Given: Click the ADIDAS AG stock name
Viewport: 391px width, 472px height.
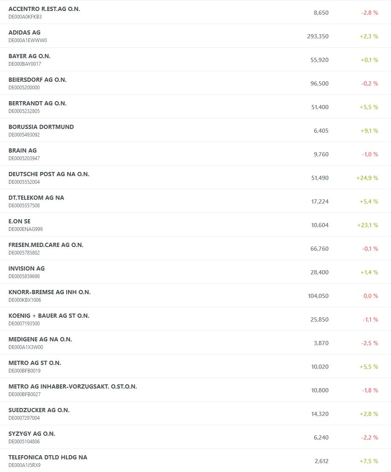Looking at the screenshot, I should click(x=24, y=32).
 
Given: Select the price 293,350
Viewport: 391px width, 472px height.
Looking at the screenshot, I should click(x=318, y=36).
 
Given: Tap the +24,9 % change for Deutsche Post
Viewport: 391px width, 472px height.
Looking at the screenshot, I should click(x=367, y=178).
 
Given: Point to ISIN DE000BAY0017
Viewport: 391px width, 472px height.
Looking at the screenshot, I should click(x=24, y=64).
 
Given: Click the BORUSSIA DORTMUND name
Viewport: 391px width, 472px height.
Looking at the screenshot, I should click(x=41, y=127).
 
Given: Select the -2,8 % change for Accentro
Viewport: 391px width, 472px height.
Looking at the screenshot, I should click(x=369, y=13).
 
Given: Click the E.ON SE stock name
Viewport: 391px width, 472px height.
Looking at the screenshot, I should click(x=19, y=221).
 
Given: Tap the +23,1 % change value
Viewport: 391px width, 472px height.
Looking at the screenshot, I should click(x=367, y=225).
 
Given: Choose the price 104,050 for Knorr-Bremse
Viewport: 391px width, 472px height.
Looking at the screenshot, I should click(x=318, y=296).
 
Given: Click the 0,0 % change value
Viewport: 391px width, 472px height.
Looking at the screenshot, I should click(x=370, y=296).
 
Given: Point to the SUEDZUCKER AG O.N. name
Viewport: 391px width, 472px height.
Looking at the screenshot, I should click(x=39, y=410).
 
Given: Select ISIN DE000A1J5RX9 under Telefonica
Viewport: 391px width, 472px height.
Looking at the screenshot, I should click(x=24, y=465).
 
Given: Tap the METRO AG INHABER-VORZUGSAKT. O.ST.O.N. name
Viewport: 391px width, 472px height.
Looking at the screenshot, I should click(x=73, y=386).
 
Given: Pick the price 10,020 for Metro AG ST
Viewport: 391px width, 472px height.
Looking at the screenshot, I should click(x=320, y=367).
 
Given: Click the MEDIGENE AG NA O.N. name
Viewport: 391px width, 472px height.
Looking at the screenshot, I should click(x=40, y=339).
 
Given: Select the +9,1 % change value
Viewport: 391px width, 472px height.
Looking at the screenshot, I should click(x=369, y=131).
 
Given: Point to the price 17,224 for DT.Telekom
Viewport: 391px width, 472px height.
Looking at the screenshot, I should click(x=320, y=201).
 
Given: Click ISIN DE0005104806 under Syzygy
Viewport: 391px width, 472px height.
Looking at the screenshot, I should click(x=24, y=442).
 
